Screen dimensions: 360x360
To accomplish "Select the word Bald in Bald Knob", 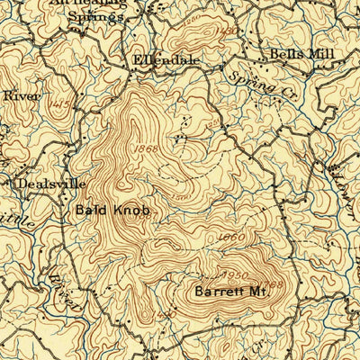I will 92,211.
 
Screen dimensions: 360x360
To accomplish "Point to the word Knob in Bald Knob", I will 129,211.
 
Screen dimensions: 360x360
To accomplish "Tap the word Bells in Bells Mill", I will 283,54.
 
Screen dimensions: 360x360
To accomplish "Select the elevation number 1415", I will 61,106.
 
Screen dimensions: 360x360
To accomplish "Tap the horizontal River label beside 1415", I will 15,94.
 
